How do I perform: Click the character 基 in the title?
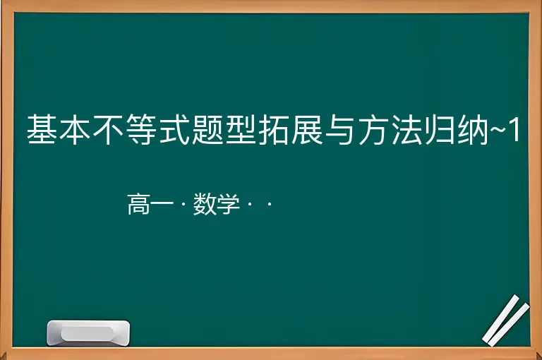tap(42, 129)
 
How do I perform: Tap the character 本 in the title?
tap(75, 129)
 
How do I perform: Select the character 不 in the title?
tap(108, 129)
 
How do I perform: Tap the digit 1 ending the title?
tap(514, 129)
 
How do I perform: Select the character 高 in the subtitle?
tap(138, 204)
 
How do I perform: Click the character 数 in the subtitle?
tap(205, 204)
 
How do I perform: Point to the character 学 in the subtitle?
tap(228, 204)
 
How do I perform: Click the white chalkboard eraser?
tap(88, 332)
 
